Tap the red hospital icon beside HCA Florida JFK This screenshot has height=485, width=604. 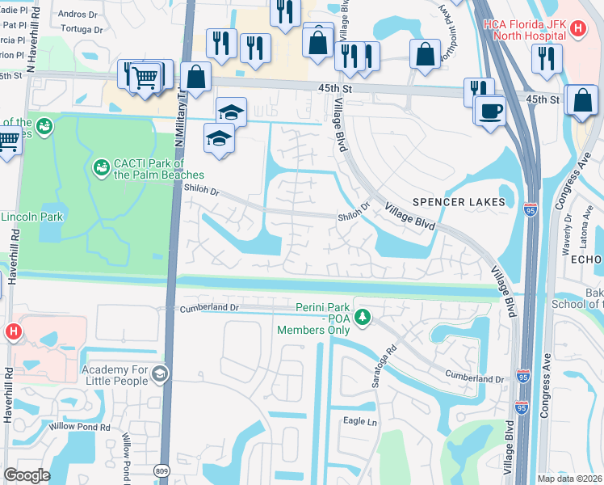[577, 30]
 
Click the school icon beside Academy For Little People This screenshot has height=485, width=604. [160, 373]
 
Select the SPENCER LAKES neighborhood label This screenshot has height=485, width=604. [459, 201]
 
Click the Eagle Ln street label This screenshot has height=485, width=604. [360, 421]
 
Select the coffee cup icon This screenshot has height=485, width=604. [490, 110]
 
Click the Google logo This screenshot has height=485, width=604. [27, 475]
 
